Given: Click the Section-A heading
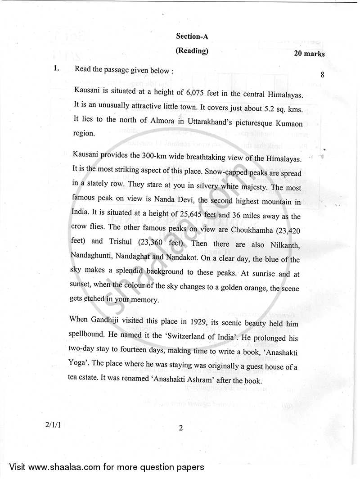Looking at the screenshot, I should coord(192,36).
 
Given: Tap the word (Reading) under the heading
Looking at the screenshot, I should coord(192,51).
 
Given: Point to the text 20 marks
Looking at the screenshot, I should coord(309,54).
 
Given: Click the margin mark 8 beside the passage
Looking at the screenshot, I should coord(323,74).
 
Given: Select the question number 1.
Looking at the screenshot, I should coord(56,69).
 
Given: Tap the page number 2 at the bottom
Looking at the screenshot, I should coord(181,428).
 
